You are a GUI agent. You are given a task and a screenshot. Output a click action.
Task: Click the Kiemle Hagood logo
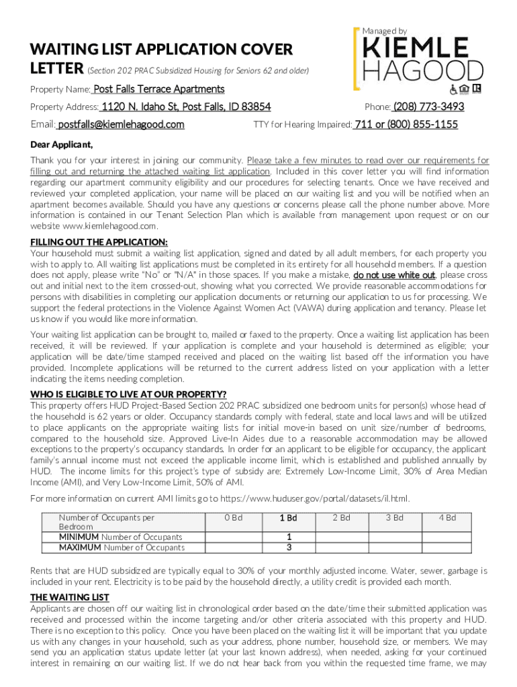pos(418,57)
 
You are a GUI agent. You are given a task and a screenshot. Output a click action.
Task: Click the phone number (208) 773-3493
pos(428,107)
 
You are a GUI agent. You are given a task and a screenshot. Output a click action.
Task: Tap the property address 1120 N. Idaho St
pos(186,107)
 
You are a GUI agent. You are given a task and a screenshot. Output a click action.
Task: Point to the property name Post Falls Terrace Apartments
pos(158,89)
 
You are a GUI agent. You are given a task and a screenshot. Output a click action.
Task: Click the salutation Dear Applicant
pos(62,144)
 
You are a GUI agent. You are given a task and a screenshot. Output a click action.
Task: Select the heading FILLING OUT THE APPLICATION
pos(99,242)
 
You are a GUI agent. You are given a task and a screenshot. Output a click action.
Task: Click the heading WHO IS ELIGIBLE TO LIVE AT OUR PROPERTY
pos(128,394)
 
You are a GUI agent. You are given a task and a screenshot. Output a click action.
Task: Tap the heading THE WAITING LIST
pos(70,597)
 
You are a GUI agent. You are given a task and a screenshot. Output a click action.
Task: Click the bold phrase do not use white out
pos(394,276)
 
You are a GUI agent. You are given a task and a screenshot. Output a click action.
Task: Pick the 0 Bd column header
pos(233,518)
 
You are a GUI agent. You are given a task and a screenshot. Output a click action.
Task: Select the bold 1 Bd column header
pos(288,518)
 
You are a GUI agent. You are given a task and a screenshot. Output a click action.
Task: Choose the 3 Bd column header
pos(394,518)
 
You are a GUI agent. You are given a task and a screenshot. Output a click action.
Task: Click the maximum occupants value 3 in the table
pos(288,547)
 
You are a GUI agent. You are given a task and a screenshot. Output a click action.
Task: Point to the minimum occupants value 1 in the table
pos(288,537)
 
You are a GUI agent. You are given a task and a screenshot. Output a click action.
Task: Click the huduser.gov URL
pos(315,498)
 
